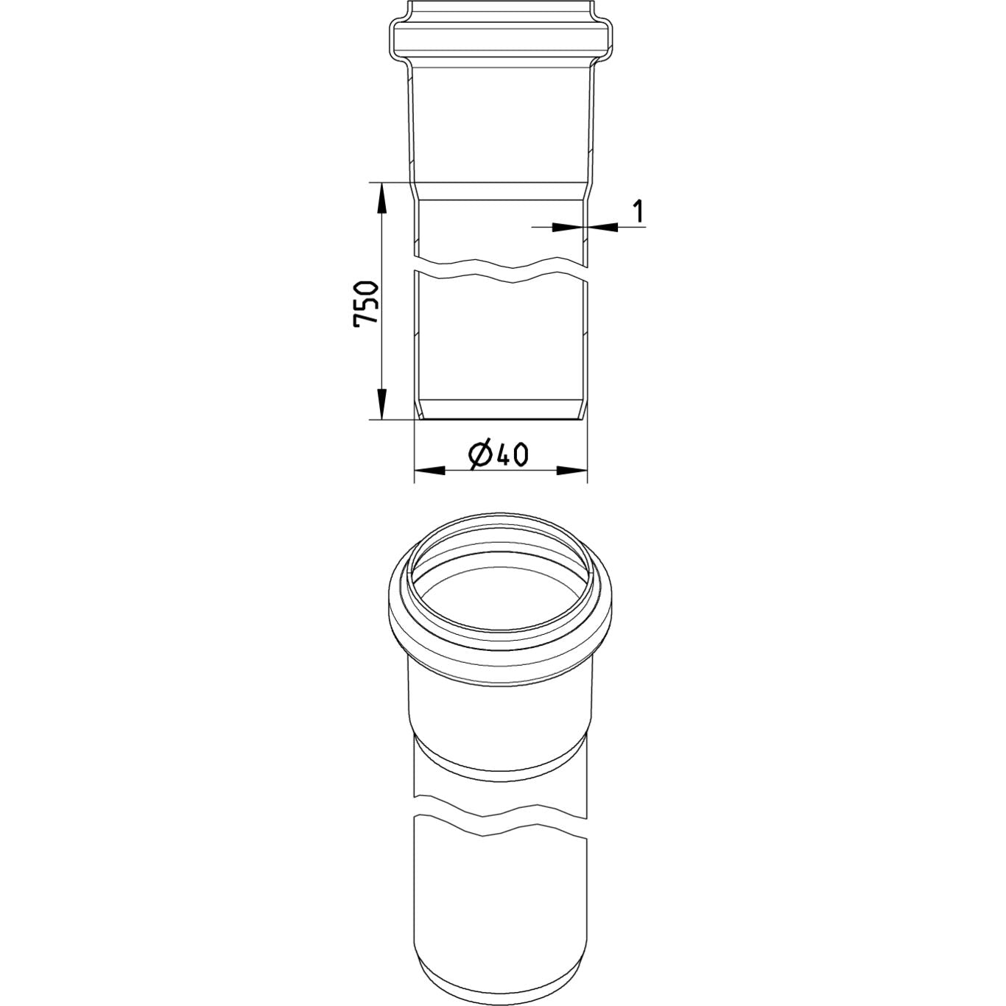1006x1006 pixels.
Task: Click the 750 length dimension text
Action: click(x=365, y=304)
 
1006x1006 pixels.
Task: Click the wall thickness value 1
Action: click(x=638, y=211)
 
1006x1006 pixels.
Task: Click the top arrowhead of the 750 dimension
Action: click(x=382, y=198)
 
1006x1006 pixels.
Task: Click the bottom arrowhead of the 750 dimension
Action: click(x=382, y=404)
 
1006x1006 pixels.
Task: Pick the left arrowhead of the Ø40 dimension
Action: click(x=429, y=471)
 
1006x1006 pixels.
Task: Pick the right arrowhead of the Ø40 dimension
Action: click(x=572, y=471)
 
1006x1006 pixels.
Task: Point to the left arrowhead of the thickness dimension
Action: click(x=568, y=227)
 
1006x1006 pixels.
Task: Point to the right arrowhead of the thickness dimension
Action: click(x=602, y=227)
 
